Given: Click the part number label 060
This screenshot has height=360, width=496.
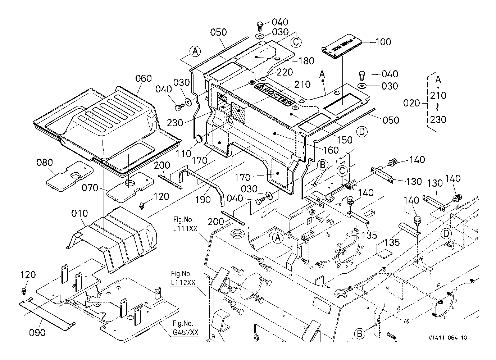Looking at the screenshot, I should coord(144,78).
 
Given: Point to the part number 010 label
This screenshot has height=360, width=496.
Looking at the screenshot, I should coord(79,214).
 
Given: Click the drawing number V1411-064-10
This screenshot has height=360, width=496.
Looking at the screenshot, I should coord(448,338).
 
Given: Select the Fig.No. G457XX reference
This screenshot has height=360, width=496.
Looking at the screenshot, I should coord(185,328).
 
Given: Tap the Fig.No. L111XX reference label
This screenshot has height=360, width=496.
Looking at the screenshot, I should coord(185,223).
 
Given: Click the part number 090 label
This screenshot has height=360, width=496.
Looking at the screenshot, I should coord(37,333).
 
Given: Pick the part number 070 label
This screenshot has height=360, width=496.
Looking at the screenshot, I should coord(90,188).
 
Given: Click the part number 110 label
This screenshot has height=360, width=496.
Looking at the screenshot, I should coord(184,154).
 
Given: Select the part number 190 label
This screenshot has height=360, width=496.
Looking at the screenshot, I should coord(203,199).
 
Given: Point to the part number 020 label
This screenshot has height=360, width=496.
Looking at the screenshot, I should coord(411,103).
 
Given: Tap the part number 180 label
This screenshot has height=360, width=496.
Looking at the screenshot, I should coord(306,60).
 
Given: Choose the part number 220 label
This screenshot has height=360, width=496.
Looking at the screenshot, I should coord(285,72).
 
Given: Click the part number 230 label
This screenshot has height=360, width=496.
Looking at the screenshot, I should coord(176,123).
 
